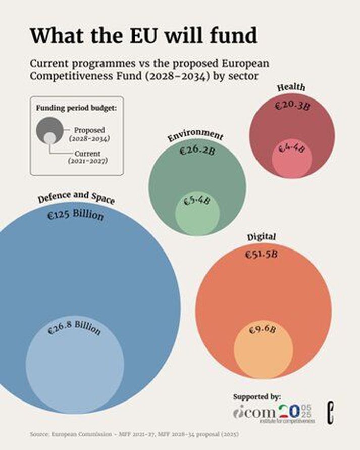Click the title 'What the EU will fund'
[x=143, y=36]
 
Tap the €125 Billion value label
[x=75, y=216]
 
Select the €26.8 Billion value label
[x=74, y=329]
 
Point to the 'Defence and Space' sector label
[x=76, y=197]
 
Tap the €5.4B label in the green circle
[x=196, y=201]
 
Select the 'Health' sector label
[x=291, y=87]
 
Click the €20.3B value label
[x=291, y=107]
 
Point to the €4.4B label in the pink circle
[x=292, y=149]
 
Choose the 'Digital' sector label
[x=261, y=236]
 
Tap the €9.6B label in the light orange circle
[x=262, y=331]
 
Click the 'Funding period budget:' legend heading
[x=76, y=108]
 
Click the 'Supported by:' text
[x=256, y=397]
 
